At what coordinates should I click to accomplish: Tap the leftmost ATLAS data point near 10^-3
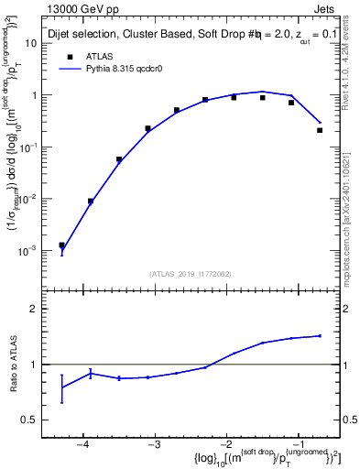61,245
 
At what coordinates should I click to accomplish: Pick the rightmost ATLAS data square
320,130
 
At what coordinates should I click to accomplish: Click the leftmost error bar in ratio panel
61,388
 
